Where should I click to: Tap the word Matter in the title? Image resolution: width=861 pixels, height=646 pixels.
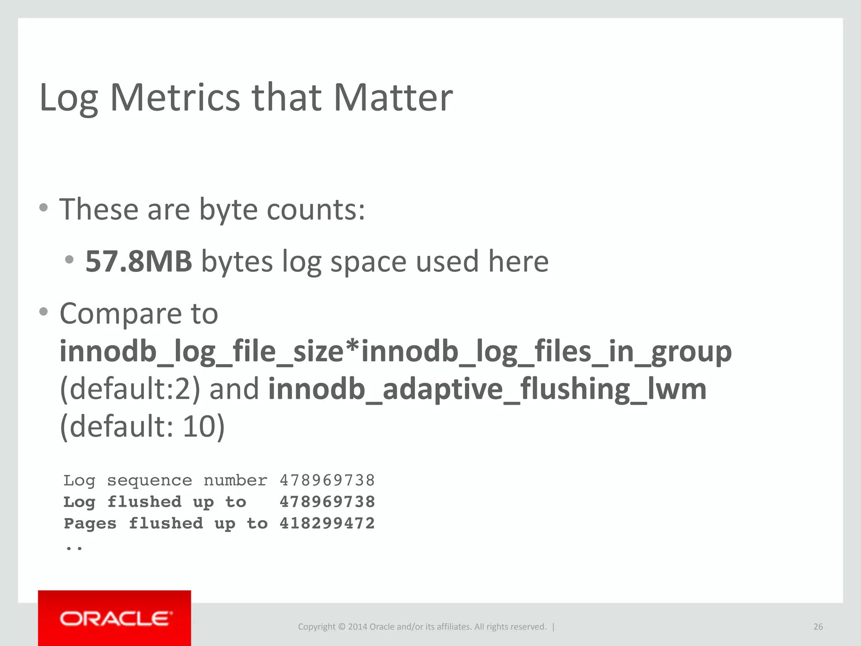[x=393, y=98]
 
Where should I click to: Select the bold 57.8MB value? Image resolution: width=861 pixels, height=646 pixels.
[x=139, y=261]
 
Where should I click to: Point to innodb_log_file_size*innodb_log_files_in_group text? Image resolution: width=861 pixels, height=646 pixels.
[x=395, y=352]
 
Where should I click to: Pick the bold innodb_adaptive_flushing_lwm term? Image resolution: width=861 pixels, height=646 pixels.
[x=487, y=389]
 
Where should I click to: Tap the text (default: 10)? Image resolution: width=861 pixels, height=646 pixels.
[x=142, y=426]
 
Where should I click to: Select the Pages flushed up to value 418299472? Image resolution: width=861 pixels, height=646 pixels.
[x=327, y=524]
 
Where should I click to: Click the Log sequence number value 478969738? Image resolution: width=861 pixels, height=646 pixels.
[x=327, y=480]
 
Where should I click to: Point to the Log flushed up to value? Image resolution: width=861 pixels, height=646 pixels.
[x=327, y=502]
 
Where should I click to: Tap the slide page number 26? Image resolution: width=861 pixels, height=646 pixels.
[x=818, y=627]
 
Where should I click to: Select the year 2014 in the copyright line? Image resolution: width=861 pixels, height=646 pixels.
[x=357, y=627]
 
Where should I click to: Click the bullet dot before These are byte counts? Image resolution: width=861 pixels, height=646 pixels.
[x=43, y=207]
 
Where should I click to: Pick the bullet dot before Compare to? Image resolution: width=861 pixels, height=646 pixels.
[x=43, y=312]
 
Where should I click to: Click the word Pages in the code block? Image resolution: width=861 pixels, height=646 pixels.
[x=90, y=524]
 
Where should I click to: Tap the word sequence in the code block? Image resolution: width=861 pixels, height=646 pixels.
[x=149, y=480]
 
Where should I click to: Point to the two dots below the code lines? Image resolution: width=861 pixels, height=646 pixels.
[x=74, y=548]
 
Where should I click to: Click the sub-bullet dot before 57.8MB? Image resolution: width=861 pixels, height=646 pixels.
[x=70, y=259]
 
